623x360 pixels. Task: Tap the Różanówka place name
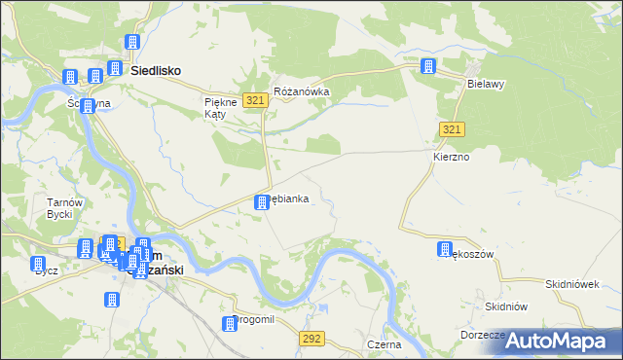coord(302,91)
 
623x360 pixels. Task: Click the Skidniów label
coord(505,306)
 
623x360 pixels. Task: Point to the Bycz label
coord(46,270)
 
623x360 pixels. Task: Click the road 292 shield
coord(311,338)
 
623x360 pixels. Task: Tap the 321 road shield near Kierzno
coord(450,129)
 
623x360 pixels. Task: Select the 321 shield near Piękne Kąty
coord(256,101)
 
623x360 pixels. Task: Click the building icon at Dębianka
coord(261,201)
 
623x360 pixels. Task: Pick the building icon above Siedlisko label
coord(132,44)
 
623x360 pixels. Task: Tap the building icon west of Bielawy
coord(427,66)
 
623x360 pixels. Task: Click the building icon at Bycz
coord(38,264)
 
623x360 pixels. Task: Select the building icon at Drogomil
coord(230,323)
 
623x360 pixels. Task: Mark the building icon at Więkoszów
coord(445,248)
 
